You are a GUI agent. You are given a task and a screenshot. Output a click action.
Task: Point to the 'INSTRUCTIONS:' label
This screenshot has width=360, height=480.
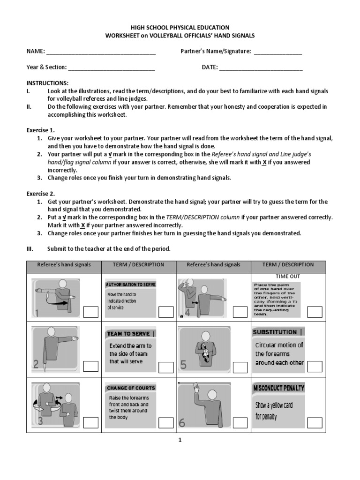tap(47, 83)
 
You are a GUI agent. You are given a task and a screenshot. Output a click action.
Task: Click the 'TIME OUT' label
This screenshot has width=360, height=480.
tap(288, 277)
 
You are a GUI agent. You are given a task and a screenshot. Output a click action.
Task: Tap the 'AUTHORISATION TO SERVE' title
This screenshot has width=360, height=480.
tap(131, 285)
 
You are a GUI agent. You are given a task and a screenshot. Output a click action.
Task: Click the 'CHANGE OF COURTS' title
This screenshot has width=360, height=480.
tap(131, 388)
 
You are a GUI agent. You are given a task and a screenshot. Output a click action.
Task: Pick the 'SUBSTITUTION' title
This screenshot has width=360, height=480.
tap(275, 332)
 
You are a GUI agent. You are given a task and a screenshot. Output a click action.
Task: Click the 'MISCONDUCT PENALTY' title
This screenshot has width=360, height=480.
tap(279, 388)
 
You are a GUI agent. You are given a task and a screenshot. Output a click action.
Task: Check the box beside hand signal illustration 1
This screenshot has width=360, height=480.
tap(91, 312)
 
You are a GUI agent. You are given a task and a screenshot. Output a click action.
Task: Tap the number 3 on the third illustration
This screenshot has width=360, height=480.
tap(40, 421)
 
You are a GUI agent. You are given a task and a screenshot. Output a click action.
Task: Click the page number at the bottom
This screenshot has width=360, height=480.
tap(180, 440)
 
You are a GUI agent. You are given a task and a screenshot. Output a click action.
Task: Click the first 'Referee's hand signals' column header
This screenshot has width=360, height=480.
tap(64, 265)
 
